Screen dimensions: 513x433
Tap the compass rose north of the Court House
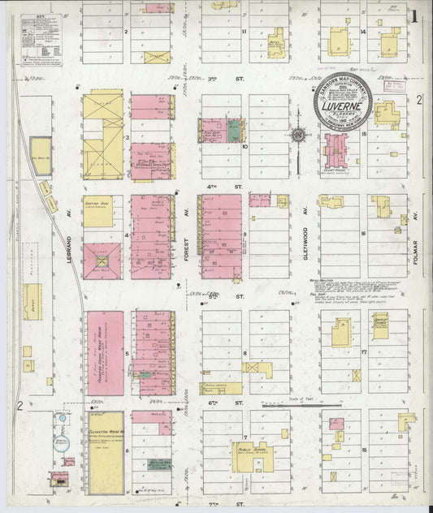click(x=298, y=135)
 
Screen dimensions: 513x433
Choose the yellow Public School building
click(x=254, y=455)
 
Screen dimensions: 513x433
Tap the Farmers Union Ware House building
click(x=105, y=351)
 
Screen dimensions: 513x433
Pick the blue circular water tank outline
click(x=63, y=419)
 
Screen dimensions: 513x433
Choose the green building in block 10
click(x=234, y=129)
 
